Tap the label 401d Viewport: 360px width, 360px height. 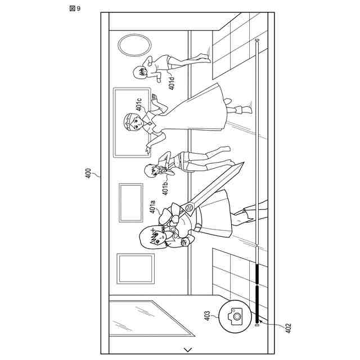pyautogui.click(x=172, y=83)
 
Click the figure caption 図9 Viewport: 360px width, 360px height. pyautogui.click(x=75, y=8)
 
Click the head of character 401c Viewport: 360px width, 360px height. pyautogui.click(x=133, y=121)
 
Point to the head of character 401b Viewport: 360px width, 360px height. pyautogui.click(x=154, y=171)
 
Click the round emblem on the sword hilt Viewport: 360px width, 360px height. pyautogui.click(x=190, y=208)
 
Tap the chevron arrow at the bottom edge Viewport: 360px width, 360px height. pyautogui.click(x=187, y=349)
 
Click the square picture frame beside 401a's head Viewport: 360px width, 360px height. pyautogui.click(x=135, y=268)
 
